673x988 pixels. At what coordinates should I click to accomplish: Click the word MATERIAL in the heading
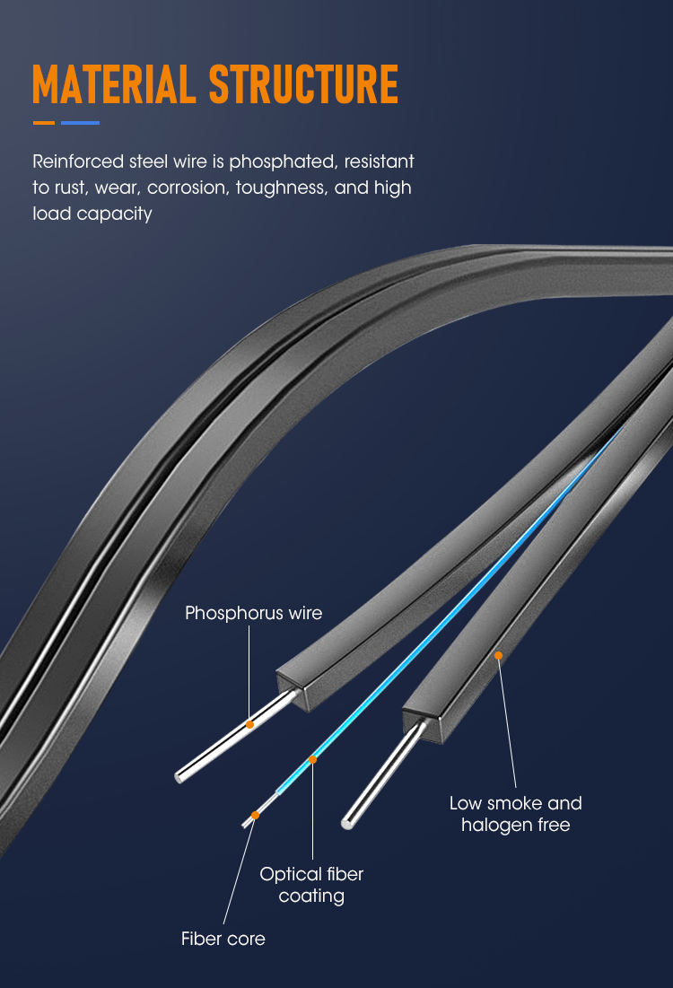click(x=113, y=83)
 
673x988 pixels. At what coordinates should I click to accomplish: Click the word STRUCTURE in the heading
click(x=303, y=83)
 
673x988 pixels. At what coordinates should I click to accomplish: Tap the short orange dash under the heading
click(x=43, y=123)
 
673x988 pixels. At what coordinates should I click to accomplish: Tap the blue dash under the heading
click(x=80, y=123)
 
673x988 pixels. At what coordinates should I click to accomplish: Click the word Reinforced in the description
click(x=78, y=162)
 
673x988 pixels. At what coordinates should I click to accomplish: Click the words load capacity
click(x=92, y=214)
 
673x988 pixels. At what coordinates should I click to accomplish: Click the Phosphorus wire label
click(x=253, y=613)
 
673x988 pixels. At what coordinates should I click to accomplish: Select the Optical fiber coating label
click(x=312, y=885)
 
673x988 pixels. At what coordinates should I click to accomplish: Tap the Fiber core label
click(x=223, y=939)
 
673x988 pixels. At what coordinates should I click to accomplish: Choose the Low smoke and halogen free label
click(x=515, y=813)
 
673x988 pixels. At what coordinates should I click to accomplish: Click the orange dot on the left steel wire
click(x=249, y=724)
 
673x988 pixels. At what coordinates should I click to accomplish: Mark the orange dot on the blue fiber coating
click(x=312, y=759)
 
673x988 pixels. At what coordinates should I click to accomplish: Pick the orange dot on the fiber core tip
click(x=255, y=816)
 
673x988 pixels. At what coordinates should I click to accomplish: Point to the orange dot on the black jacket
click(x=498, y=656)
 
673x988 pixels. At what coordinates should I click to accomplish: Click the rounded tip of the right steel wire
click(x=346, y=822)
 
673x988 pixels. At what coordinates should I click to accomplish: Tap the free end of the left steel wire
click(x=179, y=777)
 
